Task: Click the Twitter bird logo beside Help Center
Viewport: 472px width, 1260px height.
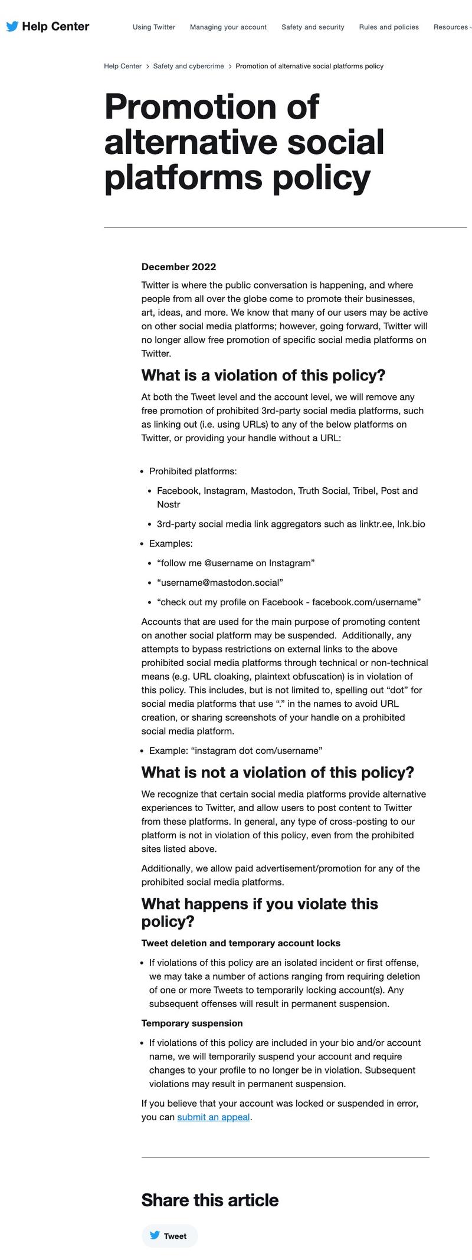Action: pos(12,27)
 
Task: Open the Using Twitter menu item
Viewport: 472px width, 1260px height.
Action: pos(154,27)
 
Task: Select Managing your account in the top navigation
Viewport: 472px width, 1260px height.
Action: pos(228,27)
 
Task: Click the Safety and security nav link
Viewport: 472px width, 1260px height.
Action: pos(313,27)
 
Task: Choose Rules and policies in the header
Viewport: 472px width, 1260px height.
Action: pos(389,27)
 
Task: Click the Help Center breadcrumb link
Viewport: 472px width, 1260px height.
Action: pos(123,66)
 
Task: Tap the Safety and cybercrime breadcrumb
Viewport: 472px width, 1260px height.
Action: pos(188,66)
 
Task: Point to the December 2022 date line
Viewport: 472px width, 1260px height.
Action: pos(179,267)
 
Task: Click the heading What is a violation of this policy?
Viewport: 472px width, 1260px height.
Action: pos(263,375)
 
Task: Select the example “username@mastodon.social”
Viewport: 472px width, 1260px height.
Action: pos(220,582)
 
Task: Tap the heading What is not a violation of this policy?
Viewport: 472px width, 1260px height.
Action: pos(277,772)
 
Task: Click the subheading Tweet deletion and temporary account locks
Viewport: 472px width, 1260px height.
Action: pos(241,943)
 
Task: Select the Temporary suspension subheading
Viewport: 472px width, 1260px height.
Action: pos(192,1023)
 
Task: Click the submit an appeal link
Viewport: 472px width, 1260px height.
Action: pos(214,1117)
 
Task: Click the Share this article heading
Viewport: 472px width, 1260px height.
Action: pos(209,1200)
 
